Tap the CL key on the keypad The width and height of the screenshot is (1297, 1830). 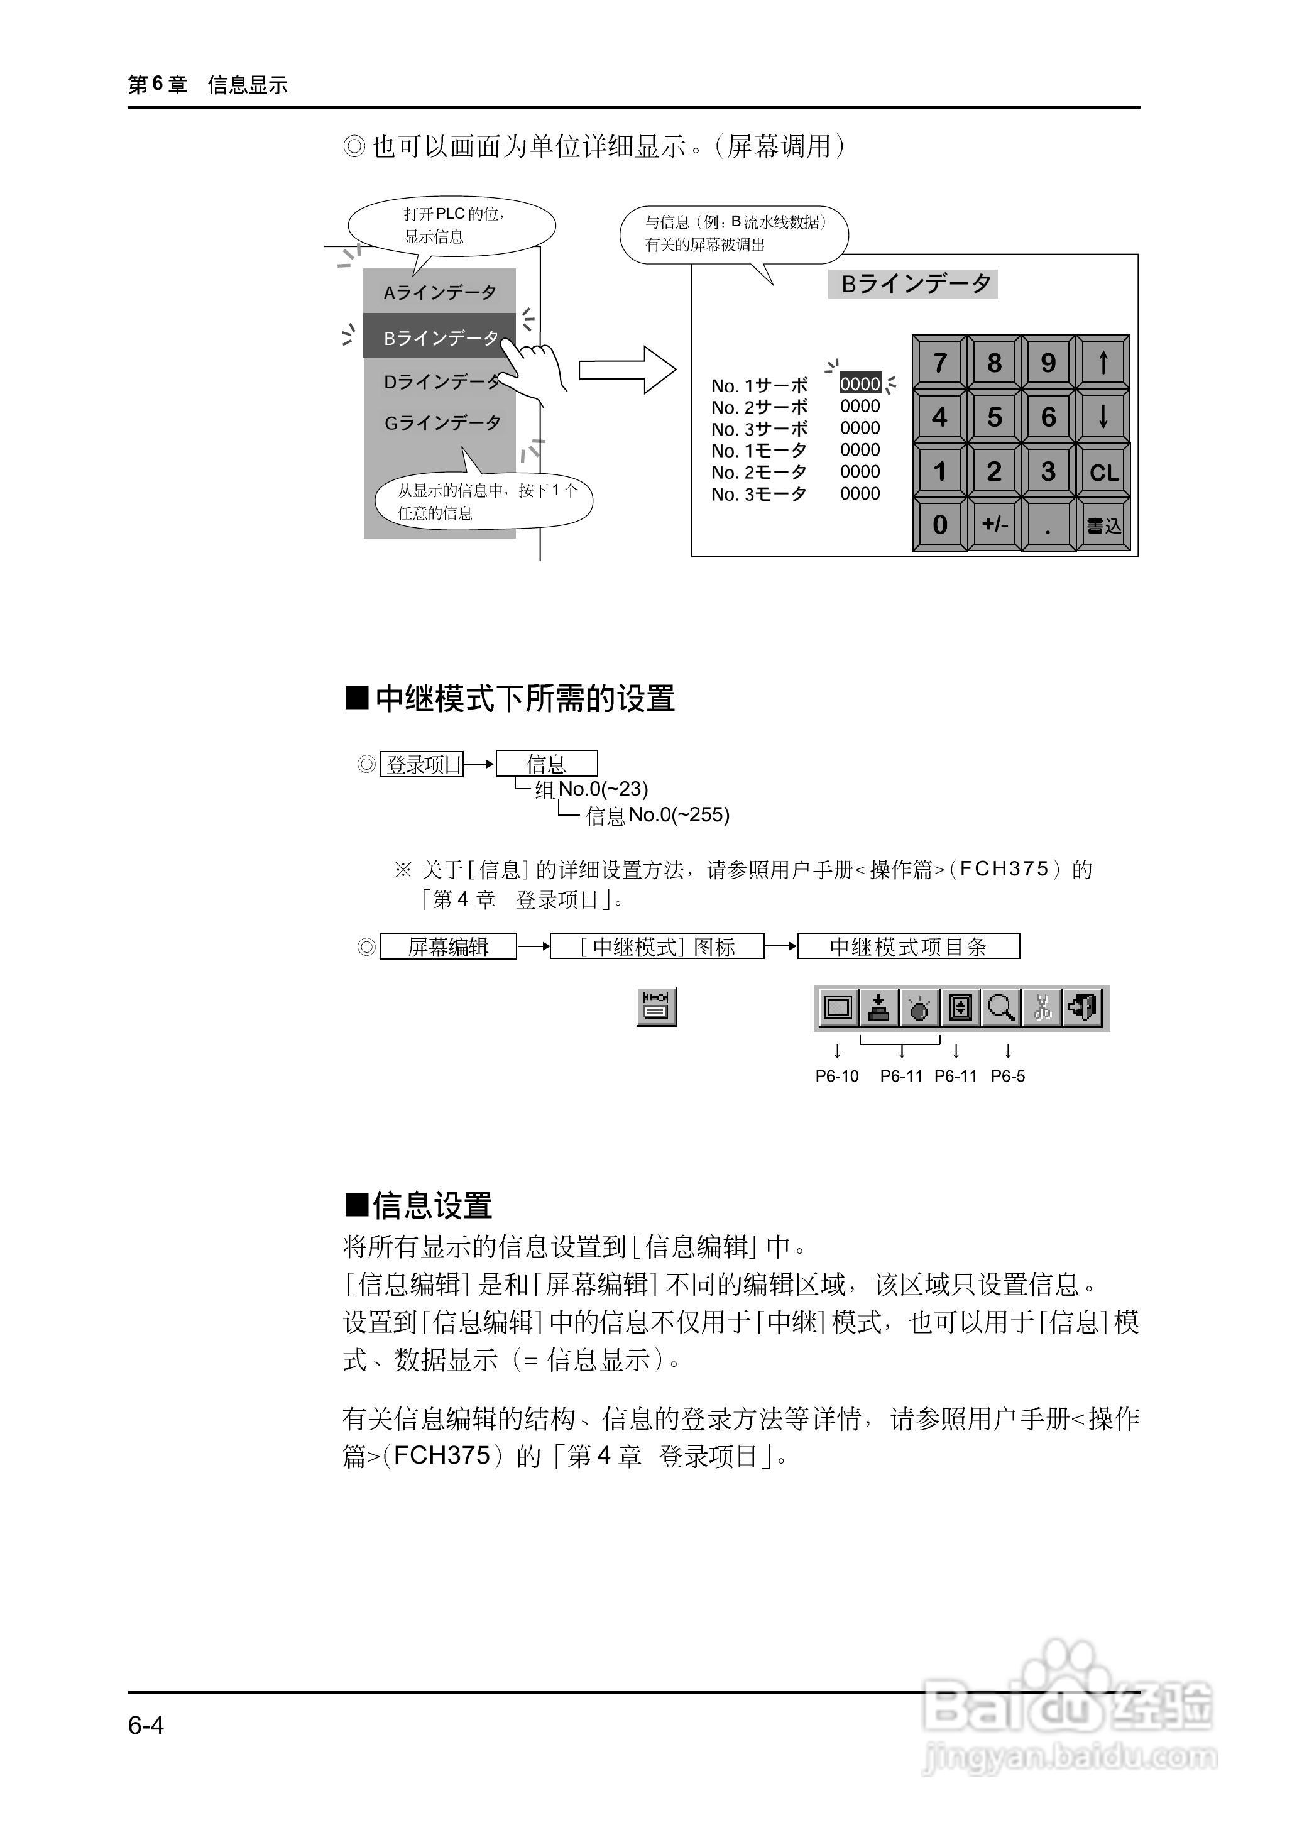1103,471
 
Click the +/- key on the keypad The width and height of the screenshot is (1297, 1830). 994,524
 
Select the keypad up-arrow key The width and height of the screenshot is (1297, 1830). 1103,363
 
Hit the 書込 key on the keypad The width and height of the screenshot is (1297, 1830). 1103,525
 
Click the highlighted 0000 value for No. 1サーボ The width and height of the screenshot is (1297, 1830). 860,383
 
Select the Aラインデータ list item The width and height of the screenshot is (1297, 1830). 439,292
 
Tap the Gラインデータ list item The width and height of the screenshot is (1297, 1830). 442,422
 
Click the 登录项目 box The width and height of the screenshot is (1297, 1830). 422,764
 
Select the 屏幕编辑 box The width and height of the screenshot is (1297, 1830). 448,946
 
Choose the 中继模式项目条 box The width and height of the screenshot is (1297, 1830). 908,946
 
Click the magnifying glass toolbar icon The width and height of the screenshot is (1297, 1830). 1000,1007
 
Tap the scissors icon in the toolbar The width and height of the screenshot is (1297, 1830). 1041,1007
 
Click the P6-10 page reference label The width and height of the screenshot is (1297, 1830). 836,1076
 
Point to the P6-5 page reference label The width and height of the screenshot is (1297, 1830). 1008,1076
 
